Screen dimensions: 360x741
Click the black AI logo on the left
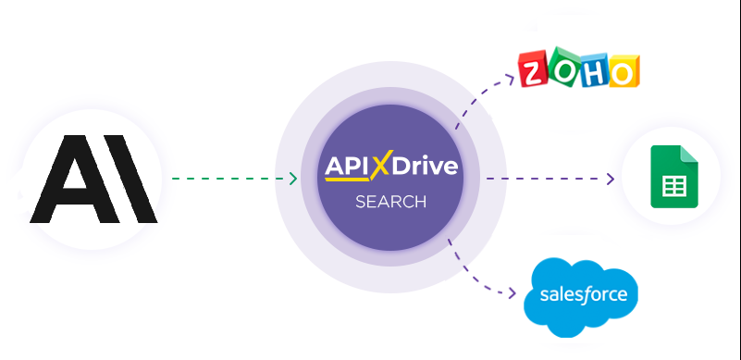coord(93,179)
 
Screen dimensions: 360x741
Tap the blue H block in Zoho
coord(595,71)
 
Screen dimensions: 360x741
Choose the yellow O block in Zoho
coord(624,71)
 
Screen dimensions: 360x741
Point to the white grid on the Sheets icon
coord(672,184)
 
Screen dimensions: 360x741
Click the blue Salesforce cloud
coord(580,296)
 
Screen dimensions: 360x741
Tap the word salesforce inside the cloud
coord(580,296)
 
